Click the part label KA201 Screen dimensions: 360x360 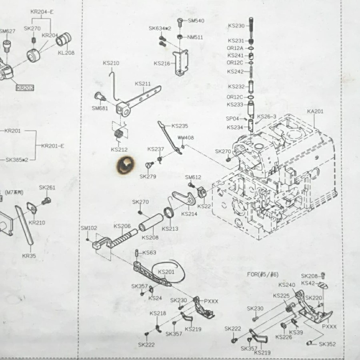pyautogui.click(x=315, y=112)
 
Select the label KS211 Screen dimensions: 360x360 pyautogui.click(x=143, y=84)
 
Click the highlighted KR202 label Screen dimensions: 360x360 pyautogui.click(x=25, y=88)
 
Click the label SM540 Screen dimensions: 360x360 pyautogui.click(x=196, y=20)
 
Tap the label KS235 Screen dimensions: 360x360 pyautogui.click(x=180, y=126)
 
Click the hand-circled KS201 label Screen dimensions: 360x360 pyautogui.click(x=166, y=272)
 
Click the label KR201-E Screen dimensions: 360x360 pyautogui.click(x=52, y=146)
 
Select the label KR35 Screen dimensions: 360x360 pyautogui.click(x=29, y=256)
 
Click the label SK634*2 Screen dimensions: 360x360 pyautogui.click(x=160, y=28)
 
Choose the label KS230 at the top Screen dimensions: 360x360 pyautogui.click(x=236, y=26)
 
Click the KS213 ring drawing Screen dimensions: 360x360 pyautogui.click(x=168, y=212)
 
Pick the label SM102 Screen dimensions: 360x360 pyautogui.click(x=89, y=228)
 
